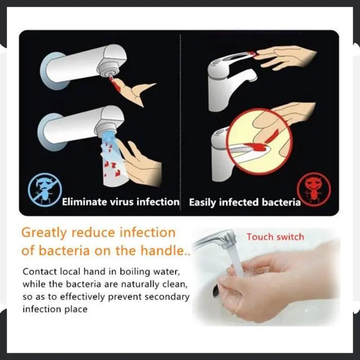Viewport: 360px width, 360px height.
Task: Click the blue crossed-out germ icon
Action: point(45,190)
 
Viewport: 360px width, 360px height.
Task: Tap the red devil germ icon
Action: point(314,189)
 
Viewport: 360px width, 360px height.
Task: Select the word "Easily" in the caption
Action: point(202,203)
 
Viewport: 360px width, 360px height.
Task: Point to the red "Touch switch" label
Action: point(275,237)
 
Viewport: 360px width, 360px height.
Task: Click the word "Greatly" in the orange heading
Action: point(44,233)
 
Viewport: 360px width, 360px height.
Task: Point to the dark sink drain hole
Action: point(216,291)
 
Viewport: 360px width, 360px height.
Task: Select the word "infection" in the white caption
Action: point(158,202)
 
